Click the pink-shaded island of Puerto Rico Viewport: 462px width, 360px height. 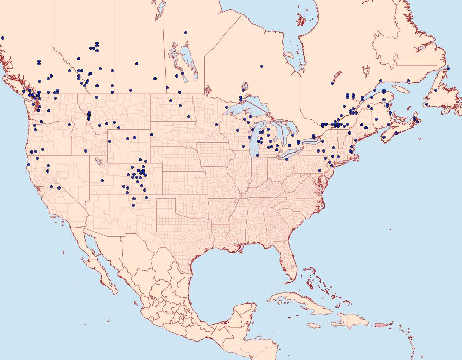coord(379,324)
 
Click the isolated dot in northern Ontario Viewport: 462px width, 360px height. coord(261,66)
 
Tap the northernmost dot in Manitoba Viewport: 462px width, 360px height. coord(186,33)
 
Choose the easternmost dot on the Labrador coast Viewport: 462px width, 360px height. coord(448,68)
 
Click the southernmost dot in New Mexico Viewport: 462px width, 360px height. coord(133,205)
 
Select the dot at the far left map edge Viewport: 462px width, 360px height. coord(3,38)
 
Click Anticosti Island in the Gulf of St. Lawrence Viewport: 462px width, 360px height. coord(400,88)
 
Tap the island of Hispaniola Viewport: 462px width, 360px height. coord(349,323)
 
